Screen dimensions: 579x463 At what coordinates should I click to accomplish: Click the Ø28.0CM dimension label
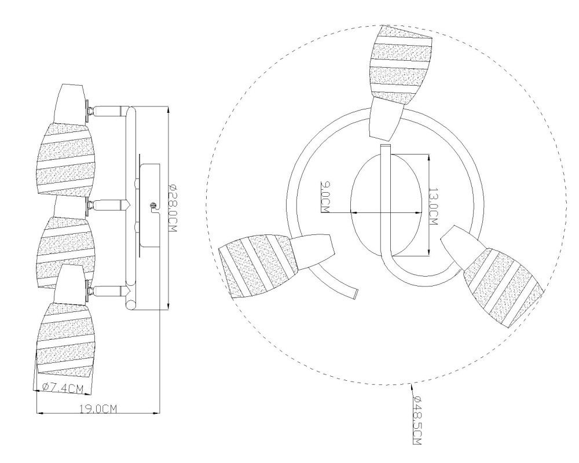click(173, 208)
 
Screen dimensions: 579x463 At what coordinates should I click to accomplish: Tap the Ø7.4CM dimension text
click(63, 388)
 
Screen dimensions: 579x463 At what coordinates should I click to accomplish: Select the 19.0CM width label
click(98, 409)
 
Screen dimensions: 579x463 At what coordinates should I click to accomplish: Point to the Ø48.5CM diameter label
click(417, 420)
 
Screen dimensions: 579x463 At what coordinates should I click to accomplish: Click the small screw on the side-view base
click(152, 205)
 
